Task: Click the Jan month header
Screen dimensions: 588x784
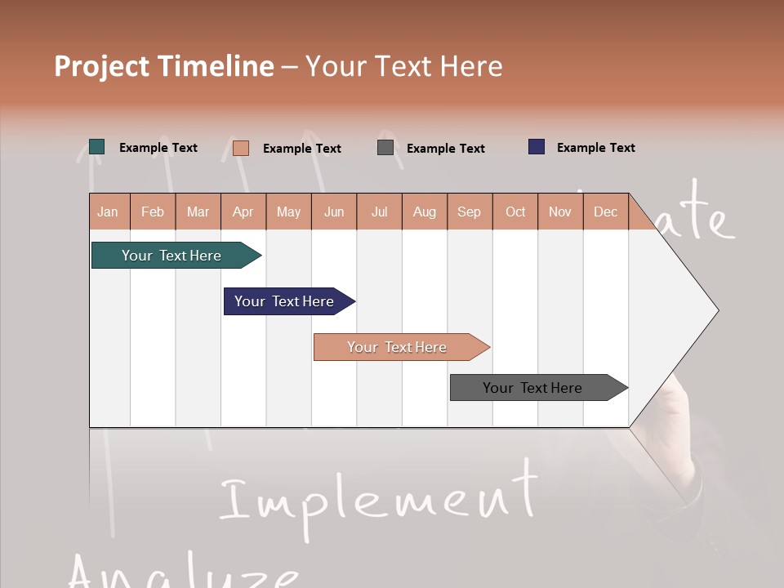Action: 109,212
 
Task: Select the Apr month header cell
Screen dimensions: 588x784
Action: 243,212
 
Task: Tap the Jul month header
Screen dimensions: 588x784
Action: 379,212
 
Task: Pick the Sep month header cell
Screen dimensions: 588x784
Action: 470,212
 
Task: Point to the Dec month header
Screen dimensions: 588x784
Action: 606,212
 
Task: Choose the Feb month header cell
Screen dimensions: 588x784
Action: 153,212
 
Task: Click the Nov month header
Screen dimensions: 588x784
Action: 560,212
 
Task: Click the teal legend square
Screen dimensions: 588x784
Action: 97,147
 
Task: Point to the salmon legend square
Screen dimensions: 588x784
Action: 241,148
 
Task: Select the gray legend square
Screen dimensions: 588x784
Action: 385,148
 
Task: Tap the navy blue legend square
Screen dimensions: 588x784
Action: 537,147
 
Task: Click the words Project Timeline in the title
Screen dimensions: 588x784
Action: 164,66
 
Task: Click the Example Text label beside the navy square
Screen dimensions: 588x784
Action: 596,148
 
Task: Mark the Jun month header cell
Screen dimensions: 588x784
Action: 334,212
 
